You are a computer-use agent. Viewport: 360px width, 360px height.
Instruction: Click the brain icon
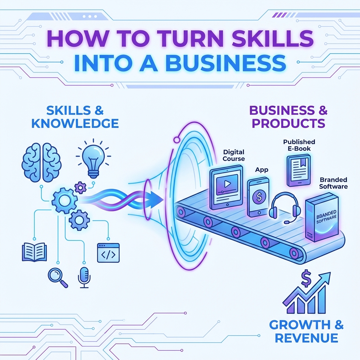point(41,162)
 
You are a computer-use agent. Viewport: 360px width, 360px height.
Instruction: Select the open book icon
point(34,252)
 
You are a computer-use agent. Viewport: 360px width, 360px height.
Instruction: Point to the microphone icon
point(84,277)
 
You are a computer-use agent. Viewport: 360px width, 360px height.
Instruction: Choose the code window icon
point(108,252)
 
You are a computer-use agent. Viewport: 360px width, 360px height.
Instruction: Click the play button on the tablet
point(227,184)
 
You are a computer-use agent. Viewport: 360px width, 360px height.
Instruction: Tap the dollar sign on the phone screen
point(259,197)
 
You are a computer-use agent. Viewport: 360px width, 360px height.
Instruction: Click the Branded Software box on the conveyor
point(322,220)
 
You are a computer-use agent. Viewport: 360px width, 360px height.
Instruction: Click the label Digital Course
point(234,155)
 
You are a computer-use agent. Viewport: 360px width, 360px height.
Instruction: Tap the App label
point(262,170)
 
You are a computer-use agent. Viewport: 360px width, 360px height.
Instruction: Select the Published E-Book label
point(299,145)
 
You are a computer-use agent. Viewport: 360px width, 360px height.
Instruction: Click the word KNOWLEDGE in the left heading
point(75,123)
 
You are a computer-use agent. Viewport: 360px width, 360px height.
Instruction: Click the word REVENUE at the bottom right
point(306,338)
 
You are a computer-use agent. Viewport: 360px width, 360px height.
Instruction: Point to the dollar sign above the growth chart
point(306,278)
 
